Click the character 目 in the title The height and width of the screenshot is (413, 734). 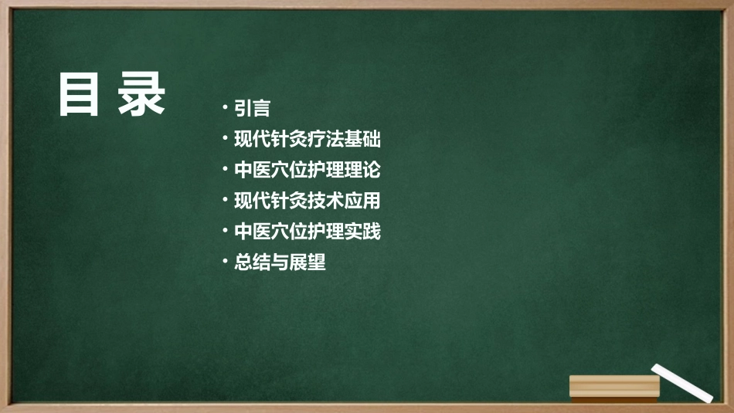click(x=80, y=95)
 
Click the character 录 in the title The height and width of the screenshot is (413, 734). click(x=142, y=95)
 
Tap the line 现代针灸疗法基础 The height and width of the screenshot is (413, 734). click(x=307, y=140)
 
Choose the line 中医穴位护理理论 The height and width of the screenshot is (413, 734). click(x=307, y=170)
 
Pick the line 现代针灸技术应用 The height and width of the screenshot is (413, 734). click(x=307, y=201)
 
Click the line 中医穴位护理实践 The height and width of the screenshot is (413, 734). click(x=307, y=231)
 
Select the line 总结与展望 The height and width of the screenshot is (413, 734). click(x=280, y=262)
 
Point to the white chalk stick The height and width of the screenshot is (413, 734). click(x=681, y=382)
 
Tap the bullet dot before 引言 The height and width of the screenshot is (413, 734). click(x=225, y=107)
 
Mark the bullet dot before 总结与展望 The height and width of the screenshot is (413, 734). click(x=225, y=261)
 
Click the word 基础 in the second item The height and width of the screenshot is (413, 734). click(x=362, y=140)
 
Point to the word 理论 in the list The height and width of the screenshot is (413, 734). click(x=362, y=170)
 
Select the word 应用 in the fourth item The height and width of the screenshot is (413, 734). click(x=362, y=201)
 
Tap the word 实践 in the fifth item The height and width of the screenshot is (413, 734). click(x=362, y=231)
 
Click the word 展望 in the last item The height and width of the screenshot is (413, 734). click(x=308, y=262)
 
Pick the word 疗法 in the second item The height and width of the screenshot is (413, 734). click(x=325, y=140)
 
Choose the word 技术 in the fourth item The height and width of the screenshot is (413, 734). click(x=325, y=201)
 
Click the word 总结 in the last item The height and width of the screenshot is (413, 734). click(x=252, y=262)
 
